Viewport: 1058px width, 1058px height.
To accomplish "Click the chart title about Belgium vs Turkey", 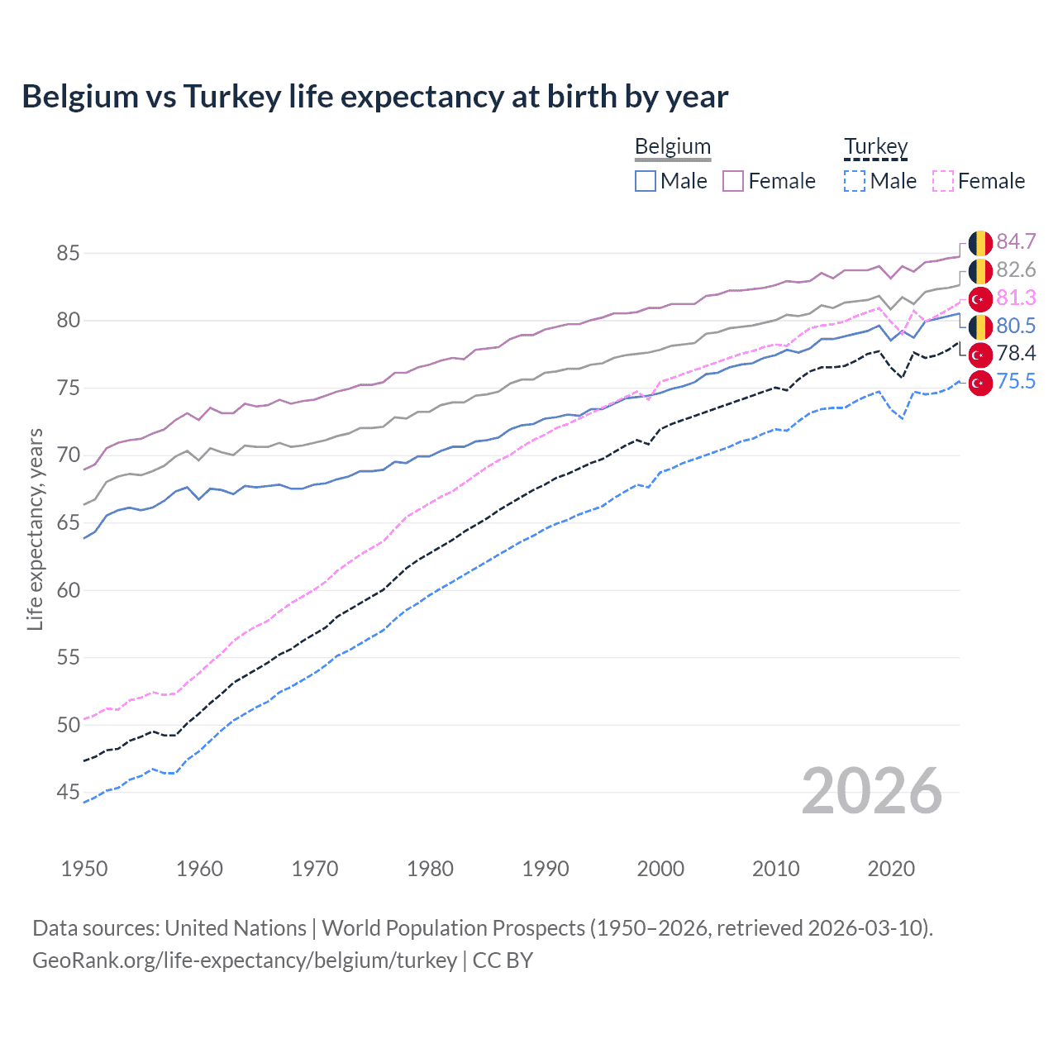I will (374, 97).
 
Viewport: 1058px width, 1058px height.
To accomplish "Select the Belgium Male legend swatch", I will (646, 181).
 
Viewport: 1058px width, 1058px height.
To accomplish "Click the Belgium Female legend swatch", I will (733, 181).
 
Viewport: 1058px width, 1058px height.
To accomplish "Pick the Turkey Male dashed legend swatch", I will (855, 181).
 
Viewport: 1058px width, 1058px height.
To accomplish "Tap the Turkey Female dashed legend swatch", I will (942, 181).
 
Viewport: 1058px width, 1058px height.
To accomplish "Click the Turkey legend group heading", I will (875, 146).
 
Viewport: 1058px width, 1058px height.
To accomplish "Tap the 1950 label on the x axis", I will (84, 869).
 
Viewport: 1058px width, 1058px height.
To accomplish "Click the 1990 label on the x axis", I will (546, 869).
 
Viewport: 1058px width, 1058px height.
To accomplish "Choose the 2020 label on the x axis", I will (891, 869).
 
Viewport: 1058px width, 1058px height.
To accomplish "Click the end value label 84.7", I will (1016, 241).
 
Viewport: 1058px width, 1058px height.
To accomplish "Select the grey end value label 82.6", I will (1016, 269).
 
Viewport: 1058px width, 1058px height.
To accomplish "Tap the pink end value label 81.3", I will (1016, 298).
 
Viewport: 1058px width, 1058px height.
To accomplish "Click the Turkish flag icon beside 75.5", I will (980, 383).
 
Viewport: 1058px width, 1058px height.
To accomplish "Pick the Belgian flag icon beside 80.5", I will (980, 326).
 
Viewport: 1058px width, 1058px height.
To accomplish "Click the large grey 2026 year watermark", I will (871, 791).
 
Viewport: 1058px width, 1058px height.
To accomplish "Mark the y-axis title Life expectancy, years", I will (35, 529).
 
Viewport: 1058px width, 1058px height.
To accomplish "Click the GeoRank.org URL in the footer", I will (245, 960).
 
